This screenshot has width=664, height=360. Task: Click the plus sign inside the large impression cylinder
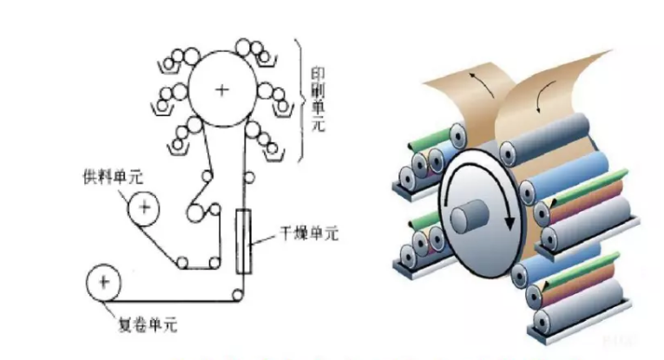click(222, 90)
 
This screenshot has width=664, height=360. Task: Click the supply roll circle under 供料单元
click(142, 208)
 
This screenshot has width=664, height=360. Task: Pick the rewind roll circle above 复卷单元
click(103, 283)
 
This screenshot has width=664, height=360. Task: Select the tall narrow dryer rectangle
click(243, 240)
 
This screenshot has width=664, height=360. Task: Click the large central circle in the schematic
click(222, 90)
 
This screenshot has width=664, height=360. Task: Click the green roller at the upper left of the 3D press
click(429, 134)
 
